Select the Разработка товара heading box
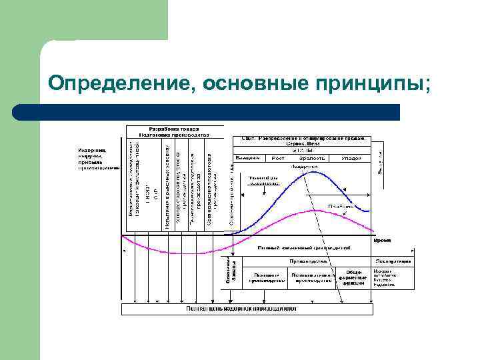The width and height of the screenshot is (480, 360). pos(172,131)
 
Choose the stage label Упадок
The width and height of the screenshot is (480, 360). pos(351,158)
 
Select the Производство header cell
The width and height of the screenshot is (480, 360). pos(303,261)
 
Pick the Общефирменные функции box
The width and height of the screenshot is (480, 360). pos(354,277)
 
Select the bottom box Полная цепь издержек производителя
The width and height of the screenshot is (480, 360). pos(247,309)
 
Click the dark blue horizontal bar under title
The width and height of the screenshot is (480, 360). pos(207,112)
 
